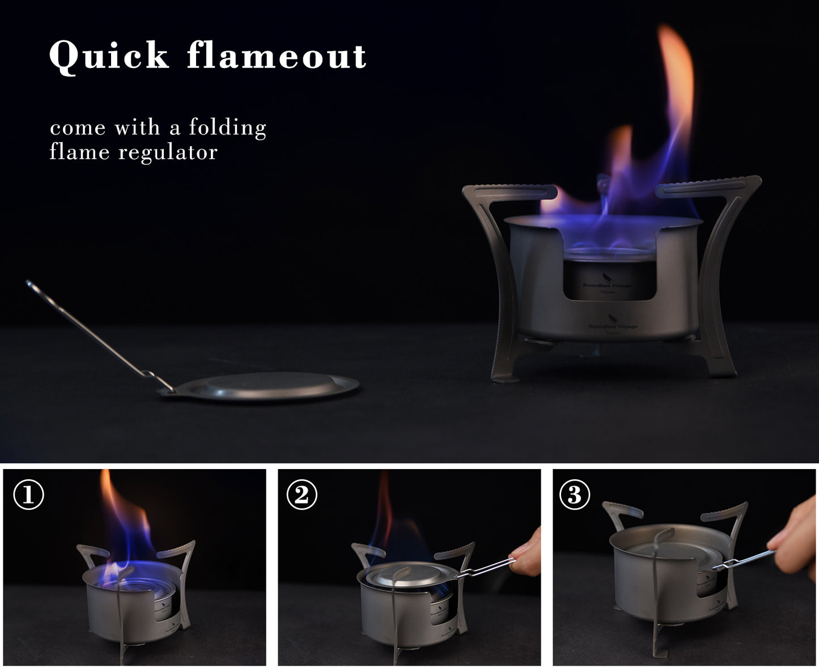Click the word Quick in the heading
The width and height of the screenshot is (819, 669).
pyautogui.click(x=109, y=56)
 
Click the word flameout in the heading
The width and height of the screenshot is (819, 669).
pyautogui.click(x=277, y=56)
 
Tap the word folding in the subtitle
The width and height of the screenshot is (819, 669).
pyautogui.click(x=227, y=127)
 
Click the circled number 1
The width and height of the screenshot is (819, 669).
pyautogui.click(x=28, y=495)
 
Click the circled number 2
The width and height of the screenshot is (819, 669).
pyautogui.click(x=302, y=495)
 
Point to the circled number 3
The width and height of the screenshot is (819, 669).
pyautogui.click(x=574, y=495)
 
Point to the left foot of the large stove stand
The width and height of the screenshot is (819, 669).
pyautogui.click(x=506, y=374)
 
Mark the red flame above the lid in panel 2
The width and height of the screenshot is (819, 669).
pyautogui.click(x=386, y=510)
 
